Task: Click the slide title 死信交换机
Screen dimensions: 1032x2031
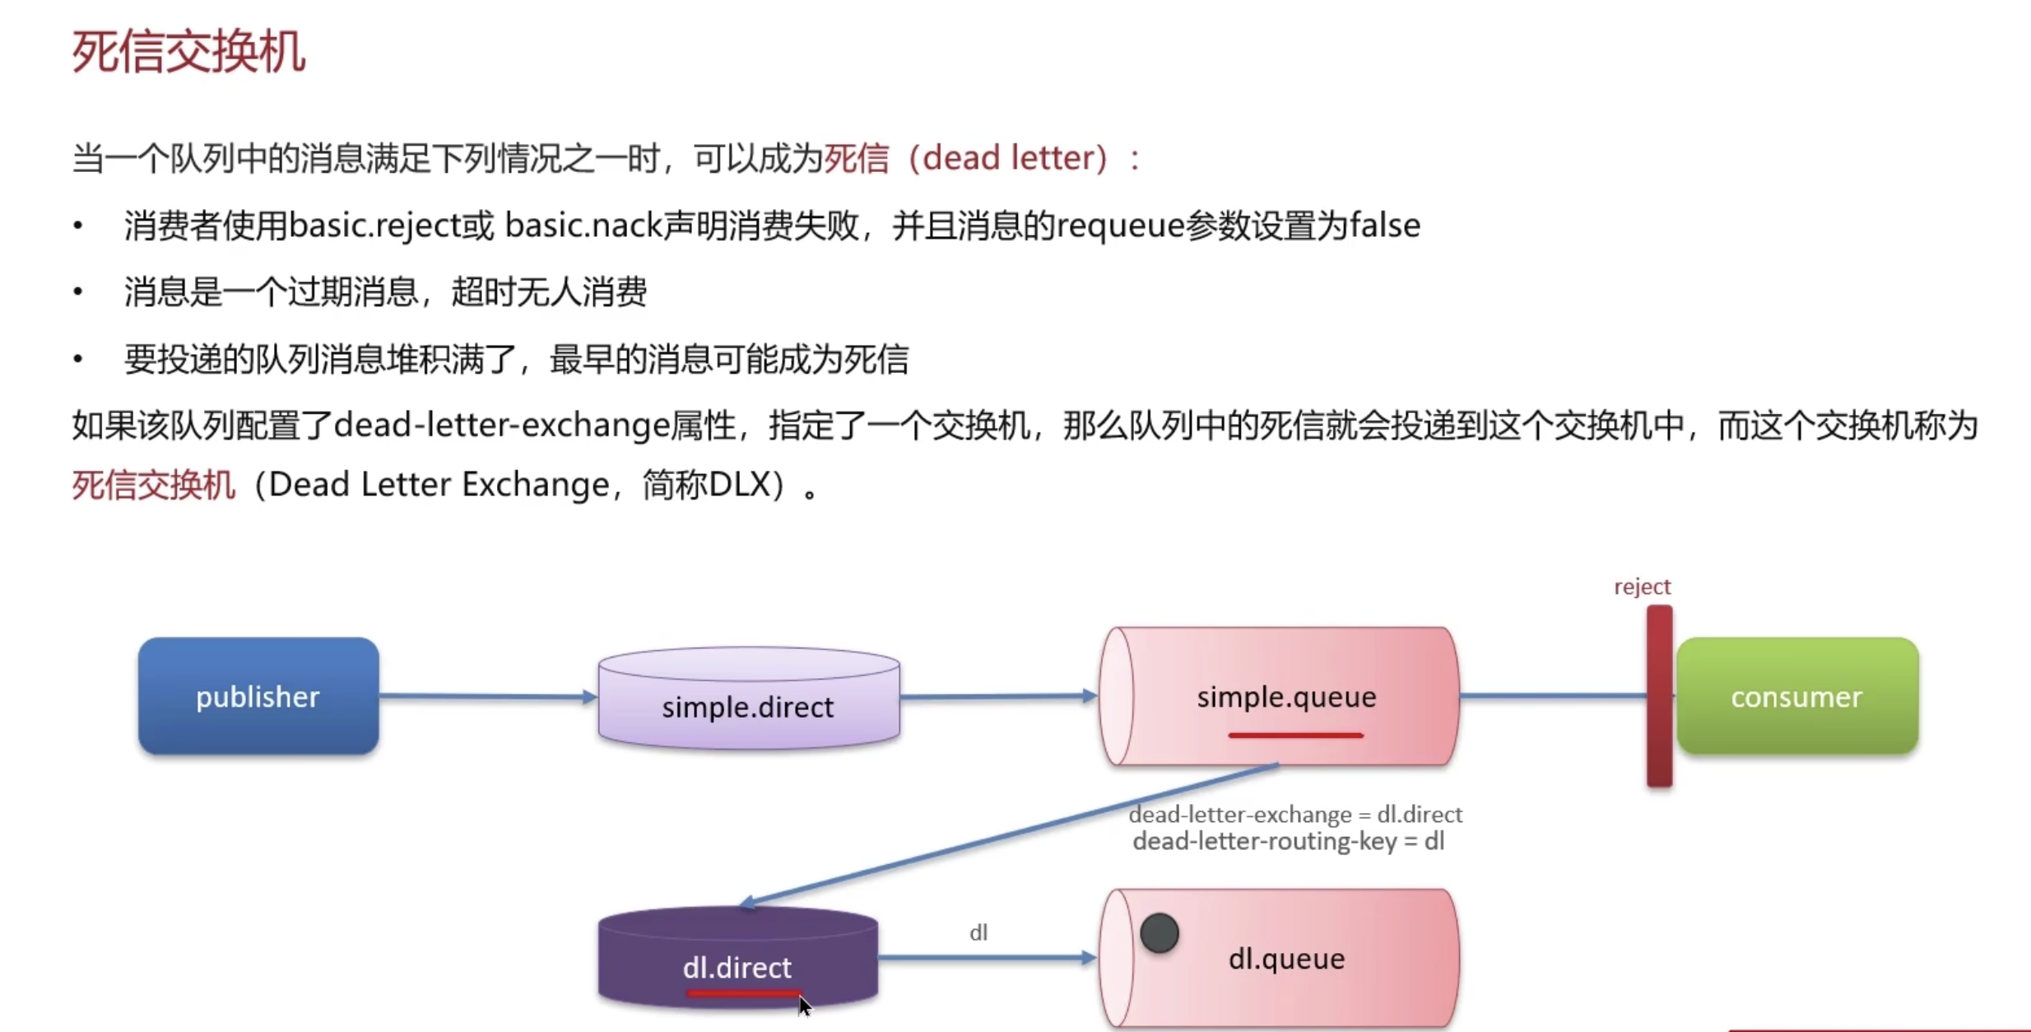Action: [188, 52]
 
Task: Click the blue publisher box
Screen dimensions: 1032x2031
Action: [258, 696]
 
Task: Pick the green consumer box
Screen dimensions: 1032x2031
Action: [1796, 696]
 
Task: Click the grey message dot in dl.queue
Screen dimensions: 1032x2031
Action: [1160, 933]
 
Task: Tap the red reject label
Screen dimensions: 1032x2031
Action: [1642, 587]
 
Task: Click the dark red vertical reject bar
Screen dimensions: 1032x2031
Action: [1659, 696]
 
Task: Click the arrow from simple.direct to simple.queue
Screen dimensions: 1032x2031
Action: [997, 696]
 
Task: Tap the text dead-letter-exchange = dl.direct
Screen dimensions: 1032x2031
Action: [1295, 815]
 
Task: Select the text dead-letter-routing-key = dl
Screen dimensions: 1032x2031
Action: [1288, 842]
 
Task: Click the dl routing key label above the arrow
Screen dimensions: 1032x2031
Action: [978, 932]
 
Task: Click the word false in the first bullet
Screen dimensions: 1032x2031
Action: [1385, 225]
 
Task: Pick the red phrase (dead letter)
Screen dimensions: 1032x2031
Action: [1015, 158]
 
